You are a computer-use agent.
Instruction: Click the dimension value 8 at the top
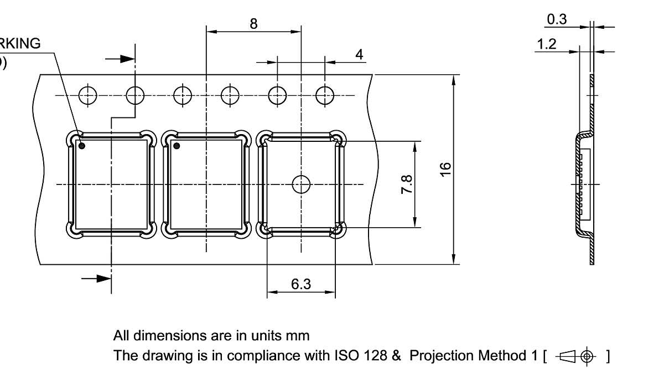[253, 23]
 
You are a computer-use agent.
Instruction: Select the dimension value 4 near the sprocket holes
[360, 54]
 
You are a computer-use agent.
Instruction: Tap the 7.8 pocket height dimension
[406, 184]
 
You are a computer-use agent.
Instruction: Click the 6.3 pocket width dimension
[301, 284]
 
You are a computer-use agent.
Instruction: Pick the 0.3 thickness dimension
[557, 19]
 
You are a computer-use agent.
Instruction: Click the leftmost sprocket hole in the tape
[87, 96]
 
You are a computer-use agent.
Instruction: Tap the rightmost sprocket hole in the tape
[325, 96]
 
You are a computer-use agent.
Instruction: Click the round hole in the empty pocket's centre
[301, 184]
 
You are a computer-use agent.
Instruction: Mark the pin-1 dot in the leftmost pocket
[81, 146]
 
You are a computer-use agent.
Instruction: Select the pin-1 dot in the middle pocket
[177, 146]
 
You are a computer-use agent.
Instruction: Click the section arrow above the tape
[120, 58]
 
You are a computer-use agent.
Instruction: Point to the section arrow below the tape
[97, 278]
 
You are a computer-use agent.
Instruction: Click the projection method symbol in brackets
[575, 356]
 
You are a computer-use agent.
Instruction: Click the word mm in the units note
[298, 335]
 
